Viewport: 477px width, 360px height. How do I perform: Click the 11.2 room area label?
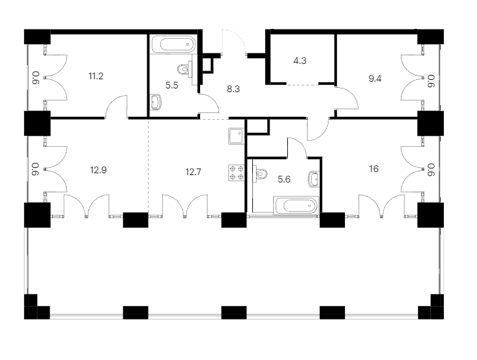pyautogui.click(x=96, y=76)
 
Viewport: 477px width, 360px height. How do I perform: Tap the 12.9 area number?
pyautogui.click(x=98, y=170)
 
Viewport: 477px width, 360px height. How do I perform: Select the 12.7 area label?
pyautogui.click(x=193, y=172)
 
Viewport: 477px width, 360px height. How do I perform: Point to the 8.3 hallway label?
pyautogui.click(x=233, y=89)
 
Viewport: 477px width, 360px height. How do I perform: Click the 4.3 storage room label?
pyautogui.click(x=300, y=61)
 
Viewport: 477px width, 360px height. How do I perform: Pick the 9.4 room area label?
pyautogui.click(x=374, y=79)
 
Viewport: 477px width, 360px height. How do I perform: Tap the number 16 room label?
pyautogui.click(x=374, y=168)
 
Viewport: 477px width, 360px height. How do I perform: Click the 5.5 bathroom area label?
pyautogui.click(x=171, y=85)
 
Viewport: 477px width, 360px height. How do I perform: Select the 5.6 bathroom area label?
pyautogui.click(x=284, y=179)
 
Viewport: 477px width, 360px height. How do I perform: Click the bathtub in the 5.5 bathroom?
pyautogui.click(x=173, y=45)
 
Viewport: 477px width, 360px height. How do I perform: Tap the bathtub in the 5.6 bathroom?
pyautogui.click(x=297, y=206)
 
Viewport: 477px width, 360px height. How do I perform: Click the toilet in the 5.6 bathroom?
pyautogui.click(x=260, y=174)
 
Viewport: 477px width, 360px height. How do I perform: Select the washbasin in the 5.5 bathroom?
pyautogui.click(x=157, y=101)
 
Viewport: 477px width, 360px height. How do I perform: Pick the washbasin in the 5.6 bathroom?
pyautogui.click(x=314, y=179)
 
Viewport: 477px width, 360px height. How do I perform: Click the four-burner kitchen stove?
pyautogui.click(x=236, y=173)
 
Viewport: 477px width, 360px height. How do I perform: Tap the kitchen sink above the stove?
pyautogui.click(x=236, y=136)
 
